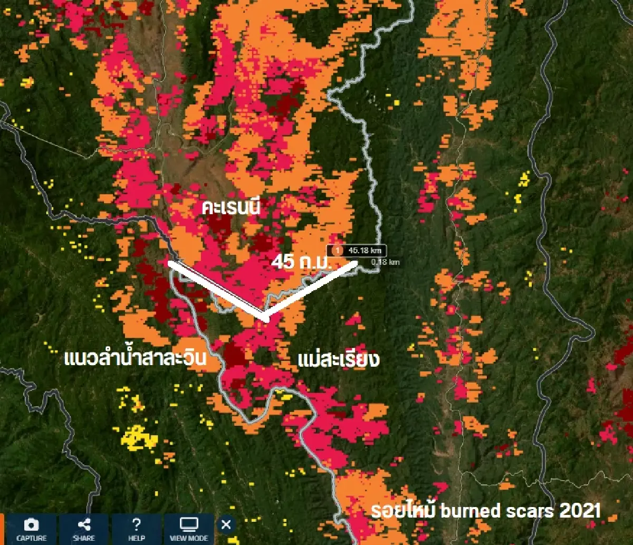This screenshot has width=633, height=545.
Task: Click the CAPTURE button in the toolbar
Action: (x=31, y=530)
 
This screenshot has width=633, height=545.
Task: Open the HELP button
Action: (x=136, y=530)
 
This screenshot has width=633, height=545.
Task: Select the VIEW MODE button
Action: (x=189, y=530)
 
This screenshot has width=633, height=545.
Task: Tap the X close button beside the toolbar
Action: (x=226, y=525)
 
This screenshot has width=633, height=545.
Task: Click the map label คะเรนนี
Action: (x=232, y=208)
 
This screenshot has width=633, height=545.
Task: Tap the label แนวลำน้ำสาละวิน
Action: (x=135, y=360)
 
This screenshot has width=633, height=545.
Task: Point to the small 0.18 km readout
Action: (x=385, y=261)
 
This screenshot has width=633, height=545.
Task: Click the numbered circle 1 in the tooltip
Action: (x=338, y=250)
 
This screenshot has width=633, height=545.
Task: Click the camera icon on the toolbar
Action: (x=31, y=524)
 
